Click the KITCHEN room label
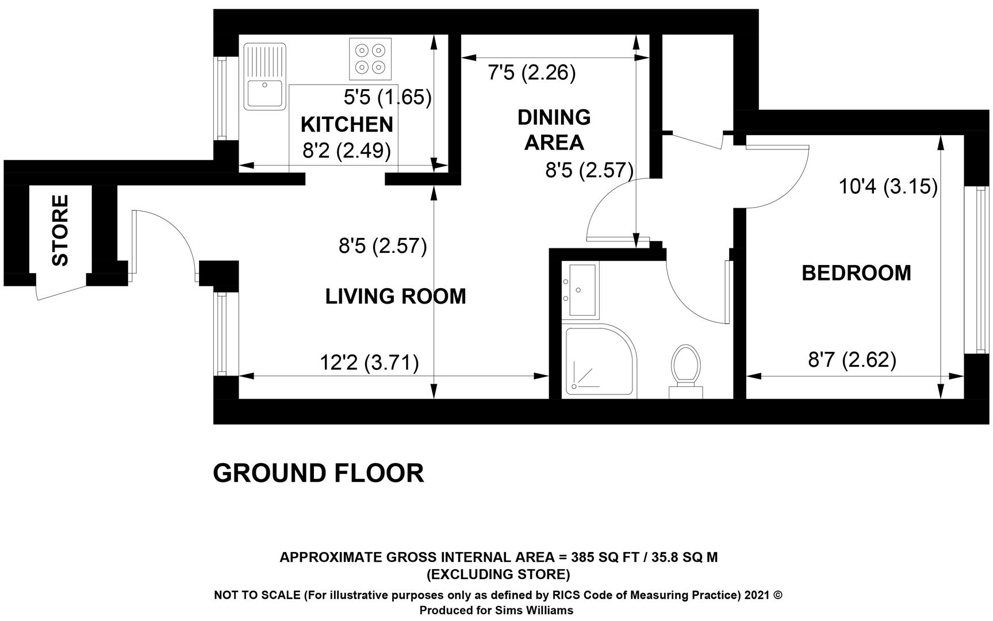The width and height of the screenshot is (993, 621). coord(347,124)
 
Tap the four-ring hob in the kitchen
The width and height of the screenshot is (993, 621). coord(370,59)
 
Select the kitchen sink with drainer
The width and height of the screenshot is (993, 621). coord(264,76)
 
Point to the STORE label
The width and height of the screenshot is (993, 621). coord(60,230)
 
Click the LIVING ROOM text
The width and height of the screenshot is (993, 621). coord(396,297)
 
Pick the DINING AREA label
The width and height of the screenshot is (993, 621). coord(554,129)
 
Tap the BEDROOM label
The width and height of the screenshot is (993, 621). coord(856,273)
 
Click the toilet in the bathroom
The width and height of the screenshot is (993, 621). coord(686,371)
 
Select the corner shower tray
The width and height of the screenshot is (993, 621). coord(601,361)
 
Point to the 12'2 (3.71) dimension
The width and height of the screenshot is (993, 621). coord(369,363)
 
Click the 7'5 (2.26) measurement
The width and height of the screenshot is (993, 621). coord(531,73)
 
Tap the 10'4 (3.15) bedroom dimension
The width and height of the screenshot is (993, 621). coord(888,186)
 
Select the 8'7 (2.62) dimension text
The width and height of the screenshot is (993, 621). coord(852,360)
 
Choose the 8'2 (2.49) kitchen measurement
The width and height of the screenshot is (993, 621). coord(347,151)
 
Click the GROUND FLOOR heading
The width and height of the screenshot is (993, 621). coord(319,473)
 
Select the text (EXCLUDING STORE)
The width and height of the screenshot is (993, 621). coord(498,574)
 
